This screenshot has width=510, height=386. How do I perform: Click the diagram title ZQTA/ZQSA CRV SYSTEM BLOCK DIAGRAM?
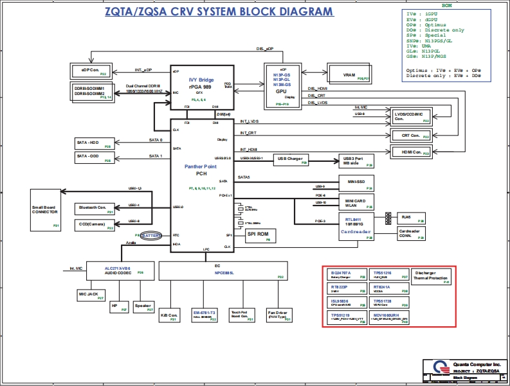pyautogui.click(x=219, y=12)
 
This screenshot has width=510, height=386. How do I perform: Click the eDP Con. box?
pyautogui.click(x=91, y=71)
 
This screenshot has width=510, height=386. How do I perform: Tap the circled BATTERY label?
pyautogui.click(x=152, y=236)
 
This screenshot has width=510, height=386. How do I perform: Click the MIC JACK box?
pyautogui.click(x=91, y=295)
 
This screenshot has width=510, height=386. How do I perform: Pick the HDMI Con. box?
pyautogui.click(x=411, y=152)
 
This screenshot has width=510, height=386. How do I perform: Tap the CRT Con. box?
pyautogui.click(x=411, y=136)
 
